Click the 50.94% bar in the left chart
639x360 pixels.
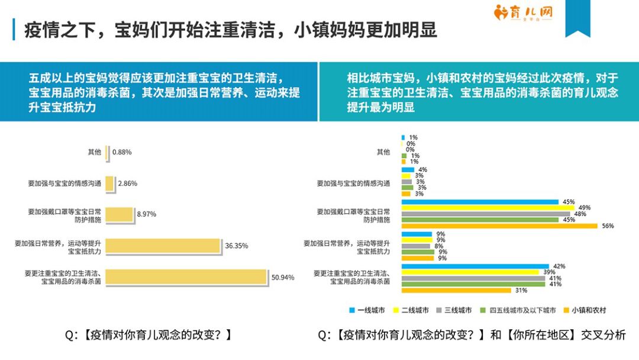[186, 277]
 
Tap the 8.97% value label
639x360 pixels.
[146, 214]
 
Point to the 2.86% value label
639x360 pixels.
[127, 184]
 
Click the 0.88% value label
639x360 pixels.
[122, 152]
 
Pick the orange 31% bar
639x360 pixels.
[456, 290]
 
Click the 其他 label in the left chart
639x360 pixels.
[94, 152]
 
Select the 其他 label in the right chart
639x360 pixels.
[383, 152]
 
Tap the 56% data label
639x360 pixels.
[608, 226]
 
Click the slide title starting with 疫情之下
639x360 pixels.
[231, 30]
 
